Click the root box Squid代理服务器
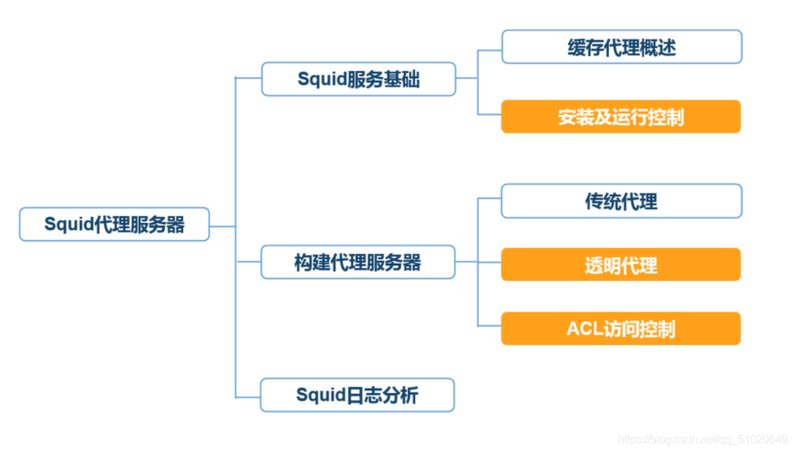(x=114, y=224)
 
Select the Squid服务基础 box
(x=359, y=79)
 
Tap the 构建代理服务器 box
(x=358, y=262)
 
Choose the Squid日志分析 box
(x=357, y=395)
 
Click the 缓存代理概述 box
(x=622, y=47)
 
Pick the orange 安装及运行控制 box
(x=621, y=117)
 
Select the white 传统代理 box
(x=622, y=201)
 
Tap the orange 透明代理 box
(x=621, y=265)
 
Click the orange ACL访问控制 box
(x=621, y=328)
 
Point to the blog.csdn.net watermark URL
(x=702, y=439)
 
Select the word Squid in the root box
(x=64, y=224)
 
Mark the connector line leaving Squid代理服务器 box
(x=222, y=226)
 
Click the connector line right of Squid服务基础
(x=467, y=78)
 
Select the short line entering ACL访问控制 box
(x=489, y=326)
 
